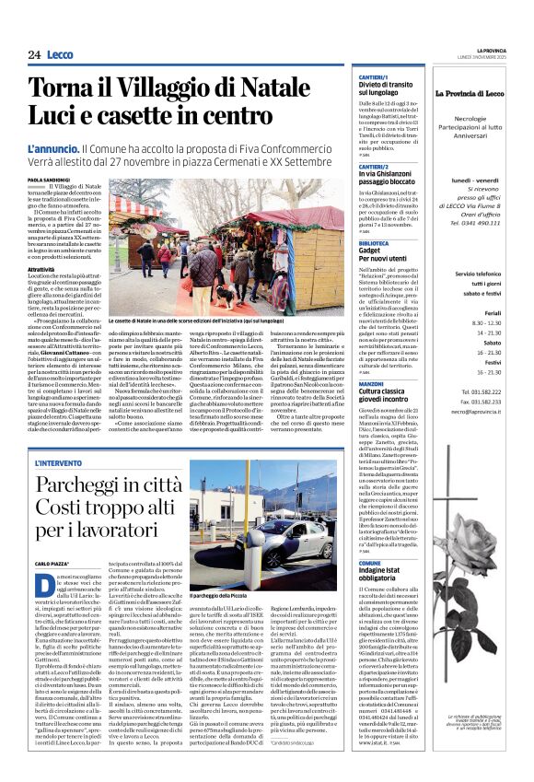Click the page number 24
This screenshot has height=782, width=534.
[34, 54]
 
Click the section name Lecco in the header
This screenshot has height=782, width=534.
[60, 54]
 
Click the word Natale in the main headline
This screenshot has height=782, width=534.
[264, 89]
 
